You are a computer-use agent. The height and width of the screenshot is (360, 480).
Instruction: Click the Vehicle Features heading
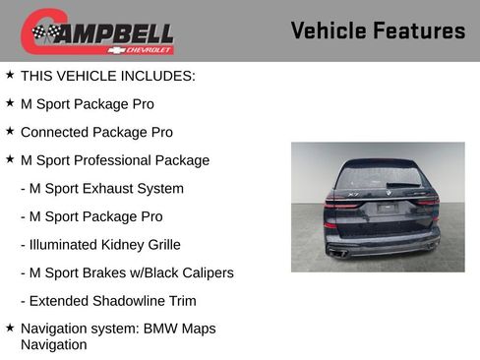pos(378,31)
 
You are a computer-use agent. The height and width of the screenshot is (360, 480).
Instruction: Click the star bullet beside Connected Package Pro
pos(10,131)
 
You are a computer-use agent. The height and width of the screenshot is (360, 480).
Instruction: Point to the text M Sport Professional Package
pos(115,159)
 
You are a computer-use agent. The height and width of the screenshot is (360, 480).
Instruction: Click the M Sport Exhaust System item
pos(102,188)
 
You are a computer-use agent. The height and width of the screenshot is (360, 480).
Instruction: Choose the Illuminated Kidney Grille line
pos(100,244)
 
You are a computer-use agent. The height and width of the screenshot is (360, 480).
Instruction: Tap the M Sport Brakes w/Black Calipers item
pos(127,272)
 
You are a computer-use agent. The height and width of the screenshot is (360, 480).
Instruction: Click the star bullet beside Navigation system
pos(10,328)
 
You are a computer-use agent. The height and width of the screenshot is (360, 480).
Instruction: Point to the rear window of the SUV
pos(377,177)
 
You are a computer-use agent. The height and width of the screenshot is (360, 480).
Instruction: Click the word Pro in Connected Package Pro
pos(160,132)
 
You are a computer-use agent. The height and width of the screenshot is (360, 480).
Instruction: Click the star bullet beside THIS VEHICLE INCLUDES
pos(10,74)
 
